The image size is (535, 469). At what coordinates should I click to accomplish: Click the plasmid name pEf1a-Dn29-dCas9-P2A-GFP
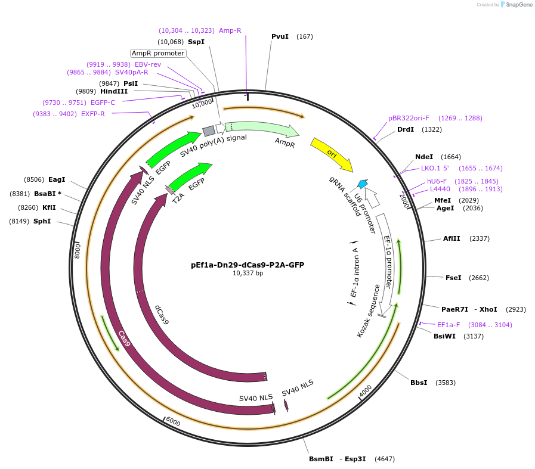click(248, 265)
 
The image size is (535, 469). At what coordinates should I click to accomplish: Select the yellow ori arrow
click(331, 154)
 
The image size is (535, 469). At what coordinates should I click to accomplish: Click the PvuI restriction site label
click(280, 36)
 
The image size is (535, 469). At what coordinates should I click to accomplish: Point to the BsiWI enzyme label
click(444, 336)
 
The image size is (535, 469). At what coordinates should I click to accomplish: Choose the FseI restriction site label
click(453, 278)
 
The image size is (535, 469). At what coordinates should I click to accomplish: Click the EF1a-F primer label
click(449, 325)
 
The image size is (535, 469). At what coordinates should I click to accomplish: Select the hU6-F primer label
click(437, 181)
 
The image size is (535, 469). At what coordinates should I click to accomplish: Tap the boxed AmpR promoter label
click(158, 53)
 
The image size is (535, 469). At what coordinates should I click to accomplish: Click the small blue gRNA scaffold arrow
click(362, 184)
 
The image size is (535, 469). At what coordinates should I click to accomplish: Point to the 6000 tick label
click(173, 422)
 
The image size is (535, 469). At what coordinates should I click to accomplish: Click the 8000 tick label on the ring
click(77, 250)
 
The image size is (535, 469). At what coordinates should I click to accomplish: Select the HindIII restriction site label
click(114, 91)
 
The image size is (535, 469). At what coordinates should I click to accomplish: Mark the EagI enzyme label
click(57, 179)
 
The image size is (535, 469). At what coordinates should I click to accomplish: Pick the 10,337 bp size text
click(248, 274)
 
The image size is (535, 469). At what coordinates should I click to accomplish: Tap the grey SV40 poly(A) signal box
click(209, 131)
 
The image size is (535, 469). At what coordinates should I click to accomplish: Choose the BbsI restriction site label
click(419, 383)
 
